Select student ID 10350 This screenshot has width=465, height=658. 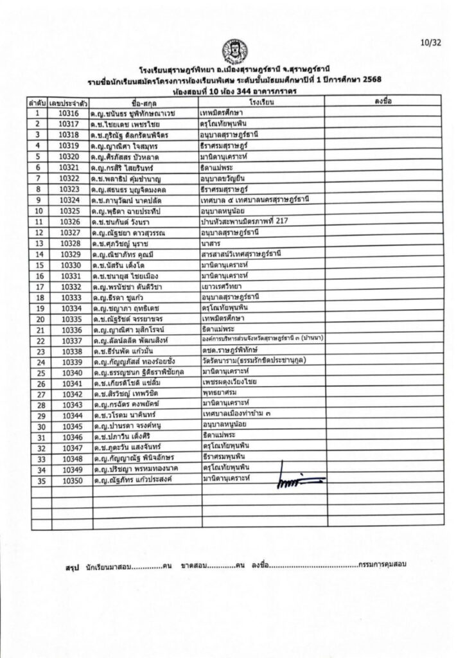click(68, 479)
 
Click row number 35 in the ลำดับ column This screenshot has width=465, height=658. click(38, 479)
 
